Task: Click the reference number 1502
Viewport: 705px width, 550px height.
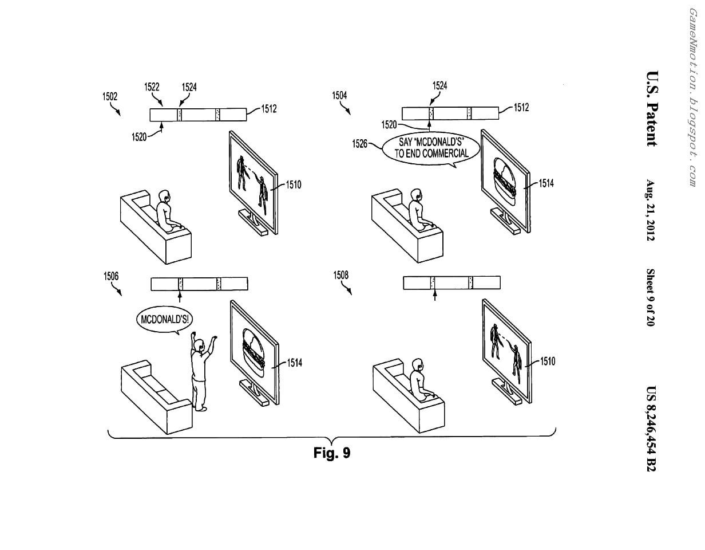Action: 110,96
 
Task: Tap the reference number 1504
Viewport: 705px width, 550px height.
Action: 340,95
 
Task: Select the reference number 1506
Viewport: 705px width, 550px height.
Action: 111,276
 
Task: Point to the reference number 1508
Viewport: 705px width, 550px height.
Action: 340,276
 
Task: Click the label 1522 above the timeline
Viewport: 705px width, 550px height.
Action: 152,87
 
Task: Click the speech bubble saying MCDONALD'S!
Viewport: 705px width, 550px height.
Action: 164,319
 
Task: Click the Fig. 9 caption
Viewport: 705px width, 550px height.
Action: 332,453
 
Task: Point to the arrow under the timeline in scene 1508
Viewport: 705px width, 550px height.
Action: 435,294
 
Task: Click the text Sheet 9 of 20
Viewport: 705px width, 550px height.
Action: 651,297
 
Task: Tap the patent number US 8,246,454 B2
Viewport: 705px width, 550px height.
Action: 651,429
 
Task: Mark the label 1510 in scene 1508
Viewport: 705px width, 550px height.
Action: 547,362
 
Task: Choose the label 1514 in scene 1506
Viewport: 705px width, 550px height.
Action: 295,363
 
